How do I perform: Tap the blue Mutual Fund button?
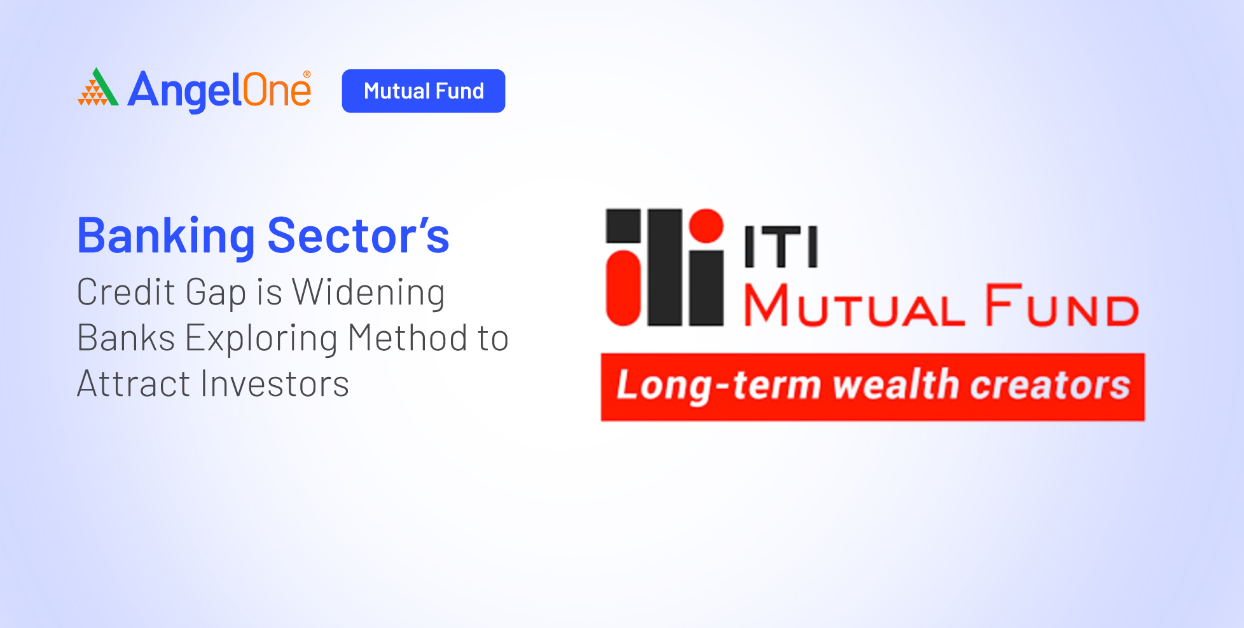tap(424, 91)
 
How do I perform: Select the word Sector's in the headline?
tap(359, 236)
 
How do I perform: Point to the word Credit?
tap(126, 292)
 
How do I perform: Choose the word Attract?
tap(134, 384)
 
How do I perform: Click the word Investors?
tap(275, 384)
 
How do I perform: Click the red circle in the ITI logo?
tap(707, 226)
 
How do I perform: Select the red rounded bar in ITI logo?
tap(623, 288)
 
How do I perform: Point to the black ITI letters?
tap(782, 247)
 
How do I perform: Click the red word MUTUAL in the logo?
tap(854, 306)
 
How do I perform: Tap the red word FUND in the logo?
tap(1061, 306)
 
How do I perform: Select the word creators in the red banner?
tap(1050, 386)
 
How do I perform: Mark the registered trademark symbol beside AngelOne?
tap(307, 74)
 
